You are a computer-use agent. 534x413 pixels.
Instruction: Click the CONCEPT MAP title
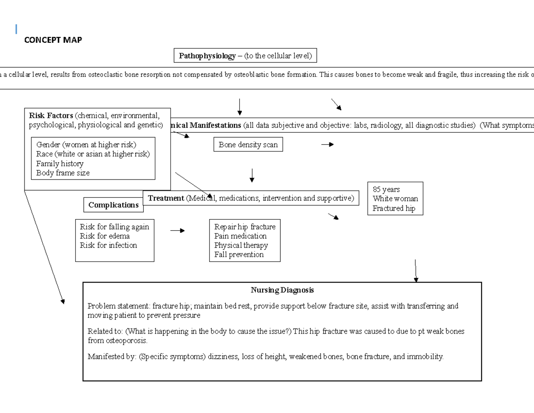53,40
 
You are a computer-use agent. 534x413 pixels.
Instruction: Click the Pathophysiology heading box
245,56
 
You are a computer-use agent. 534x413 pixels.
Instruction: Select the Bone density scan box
248,145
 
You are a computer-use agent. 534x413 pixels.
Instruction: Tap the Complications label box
113,205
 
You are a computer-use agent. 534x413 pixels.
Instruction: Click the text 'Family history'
60,164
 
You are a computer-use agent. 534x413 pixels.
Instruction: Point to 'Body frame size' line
63,173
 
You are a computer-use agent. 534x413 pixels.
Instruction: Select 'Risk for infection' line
108,245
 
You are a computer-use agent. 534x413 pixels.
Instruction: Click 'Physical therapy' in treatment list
241,245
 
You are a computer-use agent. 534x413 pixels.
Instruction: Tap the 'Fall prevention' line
239,255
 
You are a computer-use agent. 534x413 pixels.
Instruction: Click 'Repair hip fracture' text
245,227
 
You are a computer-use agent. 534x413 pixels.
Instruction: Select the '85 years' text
386,189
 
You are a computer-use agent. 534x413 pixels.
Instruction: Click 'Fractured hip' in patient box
394,208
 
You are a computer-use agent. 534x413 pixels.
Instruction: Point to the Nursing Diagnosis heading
282,290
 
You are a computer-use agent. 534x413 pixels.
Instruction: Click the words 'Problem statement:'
119,306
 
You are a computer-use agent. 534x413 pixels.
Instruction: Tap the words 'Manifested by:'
112,357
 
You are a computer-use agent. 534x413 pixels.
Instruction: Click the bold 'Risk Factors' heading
51,115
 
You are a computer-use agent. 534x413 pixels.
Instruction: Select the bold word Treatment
166,198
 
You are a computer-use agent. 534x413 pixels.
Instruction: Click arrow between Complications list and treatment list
177,231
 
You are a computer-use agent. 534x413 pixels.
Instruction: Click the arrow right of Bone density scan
327,144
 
